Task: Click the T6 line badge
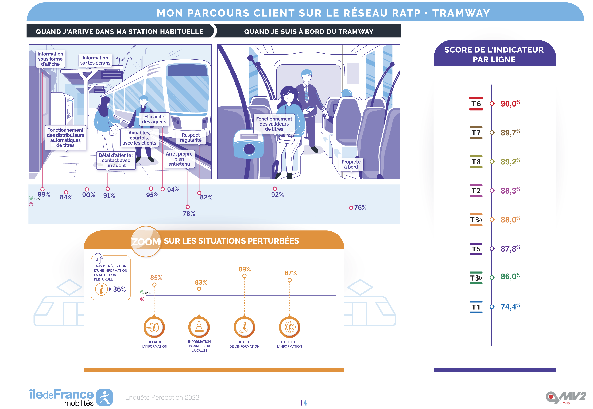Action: [x=476, y=104]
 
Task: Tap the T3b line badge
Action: [x=476, y=278]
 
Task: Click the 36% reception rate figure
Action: [x=119, y=289]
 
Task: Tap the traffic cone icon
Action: [x=199, y=327]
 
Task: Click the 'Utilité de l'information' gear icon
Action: [x=289, y=327]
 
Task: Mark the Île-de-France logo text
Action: [x=61, y=395]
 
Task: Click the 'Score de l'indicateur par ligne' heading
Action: [x=494, y=55]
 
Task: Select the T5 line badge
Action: [x=476, y=249]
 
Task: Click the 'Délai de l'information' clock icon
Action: [x=154, y=327]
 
